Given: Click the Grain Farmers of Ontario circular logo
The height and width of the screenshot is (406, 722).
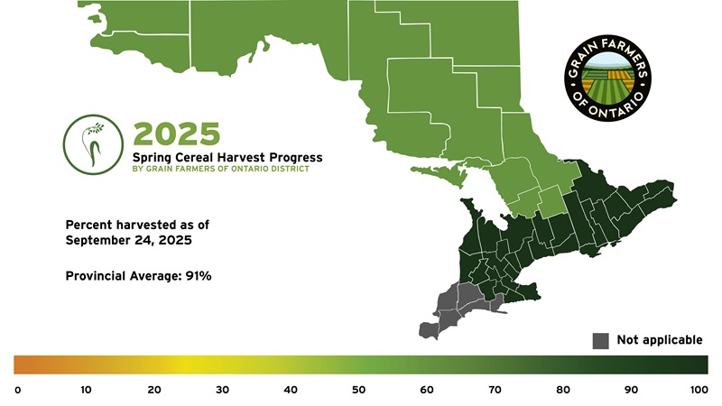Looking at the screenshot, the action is [607, 78].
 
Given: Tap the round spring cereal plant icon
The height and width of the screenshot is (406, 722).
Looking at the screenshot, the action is [93, 144].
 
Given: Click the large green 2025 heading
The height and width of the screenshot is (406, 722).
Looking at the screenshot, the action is [177, 134].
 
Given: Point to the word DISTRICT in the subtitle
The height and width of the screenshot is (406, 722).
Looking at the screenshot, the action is [291, 169].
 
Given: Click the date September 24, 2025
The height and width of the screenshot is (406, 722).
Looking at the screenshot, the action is [128, 240].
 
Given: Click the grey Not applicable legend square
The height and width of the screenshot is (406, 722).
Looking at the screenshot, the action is [600, 341].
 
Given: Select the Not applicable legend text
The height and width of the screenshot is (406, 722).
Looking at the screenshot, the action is [660, 340].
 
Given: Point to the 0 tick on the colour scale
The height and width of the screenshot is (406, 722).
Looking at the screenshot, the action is [17, 391].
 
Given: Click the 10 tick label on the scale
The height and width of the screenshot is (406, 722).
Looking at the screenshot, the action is [86, 390].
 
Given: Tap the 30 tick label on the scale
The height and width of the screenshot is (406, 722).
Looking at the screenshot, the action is [222, 390].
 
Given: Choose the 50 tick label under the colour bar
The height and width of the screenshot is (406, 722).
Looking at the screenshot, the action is [358, 390].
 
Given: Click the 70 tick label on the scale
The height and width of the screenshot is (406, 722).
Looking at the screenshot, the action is [495, 390].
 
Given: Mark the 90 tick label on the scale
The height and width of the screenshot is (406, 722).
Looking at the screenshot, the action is [631, 390].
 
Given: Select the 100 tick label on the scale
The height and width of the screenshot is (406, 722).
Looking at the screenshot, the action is [699, 390].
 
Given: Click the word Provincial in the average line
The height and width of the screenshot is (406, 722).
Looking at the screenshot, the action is [96, 276].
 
